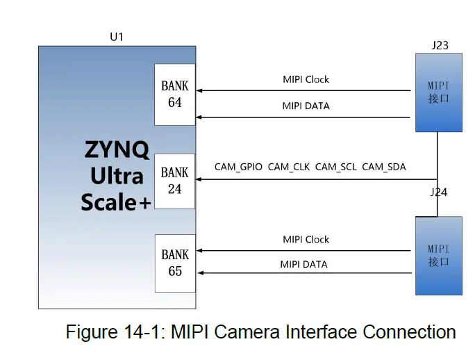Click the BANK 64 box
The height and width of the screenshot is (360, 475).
(x=174, y=94)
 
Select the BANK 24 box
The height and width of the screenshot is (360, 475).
(x=174, y=180)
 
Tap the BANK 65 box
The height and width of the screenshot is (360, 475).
(x=174, y=263)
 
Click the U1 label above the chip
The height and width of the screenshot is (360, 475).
(x=117, y=36)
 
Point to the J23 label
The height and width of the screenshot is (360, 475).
(x=440, y=46)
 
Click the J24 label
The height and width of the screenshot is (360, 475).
(x=438, y=192)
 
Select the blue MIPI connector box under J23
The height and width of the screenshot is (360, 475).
(x=439, y=93)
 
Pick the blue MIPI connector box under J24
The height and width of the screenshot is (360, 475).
(x=438, y=255)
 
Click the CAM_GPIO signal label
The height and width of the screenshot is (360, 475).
(x=238, y=167)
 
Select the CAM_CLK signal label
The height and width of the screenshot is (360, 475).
(x=289, y=167)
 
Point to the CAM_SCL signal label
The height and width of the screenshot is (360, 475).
(x=336, y=167)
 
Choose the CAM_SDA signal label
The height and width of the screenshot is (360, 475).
(x=384, y=167)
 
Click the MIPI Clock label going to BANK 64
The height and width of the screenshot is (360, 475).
(x=306, y=79)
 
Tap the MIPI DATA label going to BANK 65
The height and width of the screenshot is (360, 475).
(x=304, y=264)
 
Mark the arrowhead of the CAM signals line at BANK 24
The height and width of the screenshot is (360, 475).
(x=199, y=179)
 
